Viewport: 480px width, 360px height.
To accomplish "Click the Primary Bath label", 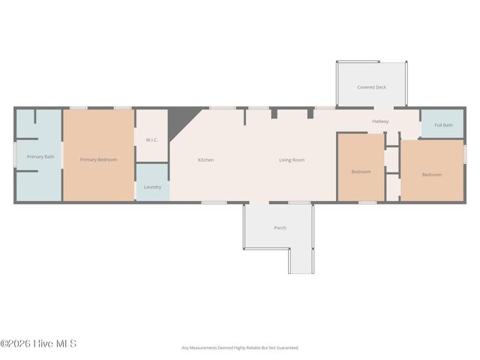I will pyautogui.click(x=40, y=157).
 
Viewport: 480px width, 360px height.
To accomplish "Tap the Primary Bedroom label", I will pyautogui.click(x=98, y=160).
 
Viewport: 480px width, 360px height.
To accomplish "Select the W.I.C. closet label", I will pyautogui.click(x=151, y=139).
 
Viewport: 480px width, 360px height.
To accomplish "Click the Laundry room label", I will pyautogui.click(x=152, y=187).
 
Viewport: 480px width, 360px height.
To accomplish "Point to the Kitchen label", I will pyautogui.click(x=206, y=160).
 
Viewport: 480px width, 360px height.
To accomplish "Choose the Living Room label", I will pyautogui.click(x=292, y=160).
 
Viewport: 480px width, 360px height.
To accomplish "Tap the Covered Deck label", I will pyautogui.click(x=371, y=87).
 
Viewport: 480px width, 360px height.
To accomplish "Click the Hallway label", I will pyautogui.click(x=380, y=121).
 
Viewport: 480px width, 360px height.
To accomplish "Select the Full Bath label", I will pyautogui.click(x=443, y=125).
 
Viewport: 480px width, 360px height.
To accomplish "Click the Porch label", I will pyautogui.click(x=280, y=228).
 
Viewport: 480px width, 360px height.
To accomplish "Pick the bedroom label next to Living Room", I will pyautogui.click(x=361, y=172).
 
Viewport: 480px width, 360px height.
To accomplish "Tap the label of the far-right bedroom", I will pyautogui.click(x=431, y=175).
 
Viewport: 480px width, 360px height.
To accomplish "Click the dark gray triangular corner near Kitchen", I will pyautogui.click(x=177, y=120).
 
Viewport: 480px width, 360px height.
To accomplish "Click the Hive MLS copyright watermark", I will pyautogui.click(x=38, y=344).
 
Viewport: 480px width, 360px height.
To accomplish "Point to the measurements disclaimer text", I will pyautogui.click(x=240, y=348).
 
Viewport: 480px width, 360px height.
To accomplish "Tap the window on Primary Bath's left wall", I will pyautogui.click(x=16, y=156).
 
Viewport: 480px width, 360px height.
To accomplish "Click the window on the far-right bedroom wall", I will pyautogui.click(x=464, y=153).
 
